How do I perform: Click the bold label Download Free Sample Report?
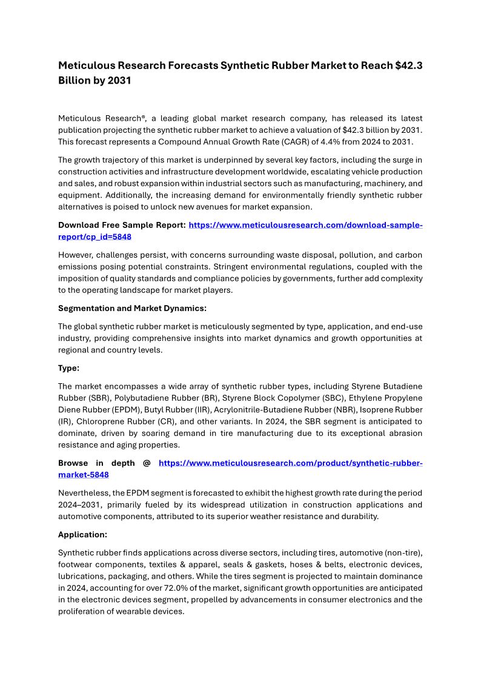pos(122,225)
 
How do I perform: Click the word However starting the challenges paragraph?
pos(75,255)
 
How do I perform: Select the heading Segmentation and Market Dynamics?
pos(132,308)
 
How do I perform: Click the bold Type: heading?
pos(68,368)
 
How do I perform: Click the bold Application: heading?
pos(82,535)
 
